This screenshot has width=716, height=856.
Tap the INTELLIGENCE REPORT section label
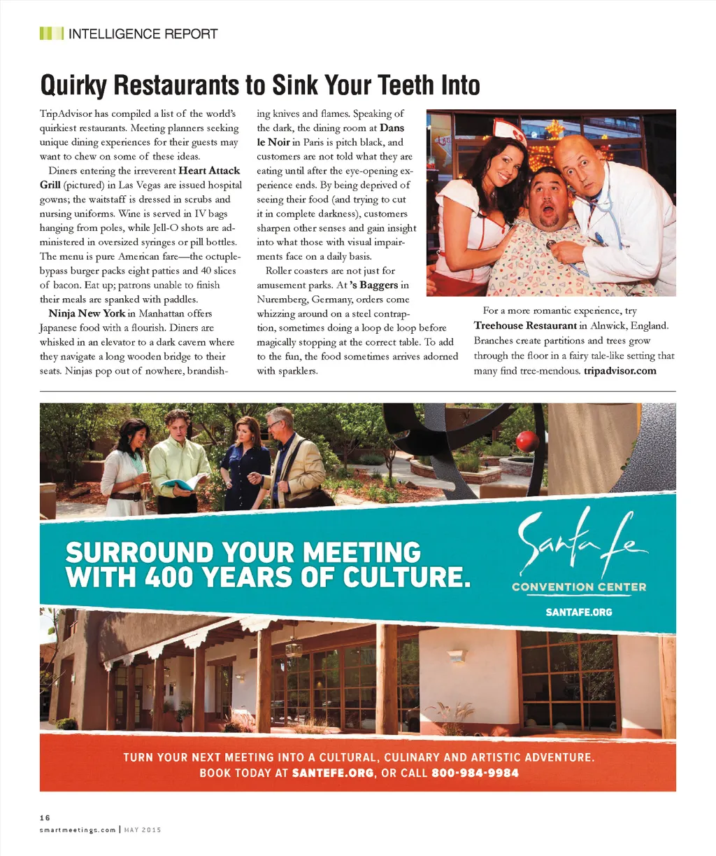[x=143, y=34]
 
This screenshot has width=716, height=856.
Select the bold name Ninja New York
[x=87, y=314]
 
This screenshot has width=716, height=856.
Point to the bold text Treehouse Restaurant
[x=525, y=325]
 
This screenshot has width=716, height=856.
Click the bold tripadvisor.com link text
[x=620, y=370]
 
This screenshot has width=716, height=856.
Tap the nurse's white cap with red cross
[x=509, y=129]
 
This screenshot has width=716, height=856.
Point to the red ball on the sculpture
[x=527, y=441]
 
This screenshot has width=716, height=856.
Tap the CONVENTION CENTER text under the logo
[x=579, y=587]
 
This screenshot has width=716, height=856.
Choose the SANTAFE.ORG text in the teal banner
[x=578, y=612]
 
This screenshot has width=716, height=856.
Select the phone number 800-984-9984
[x=475, y=773]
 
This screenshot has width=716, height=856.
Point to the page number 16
[x=45, y=817]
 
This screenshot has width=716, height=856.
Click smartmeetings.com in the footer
[x=78, y=830]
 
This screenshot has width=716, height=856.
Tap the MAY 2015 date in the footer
[x=143, y=830]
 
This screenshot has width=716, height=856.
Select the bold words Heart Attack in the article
[x=209, y=171]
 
